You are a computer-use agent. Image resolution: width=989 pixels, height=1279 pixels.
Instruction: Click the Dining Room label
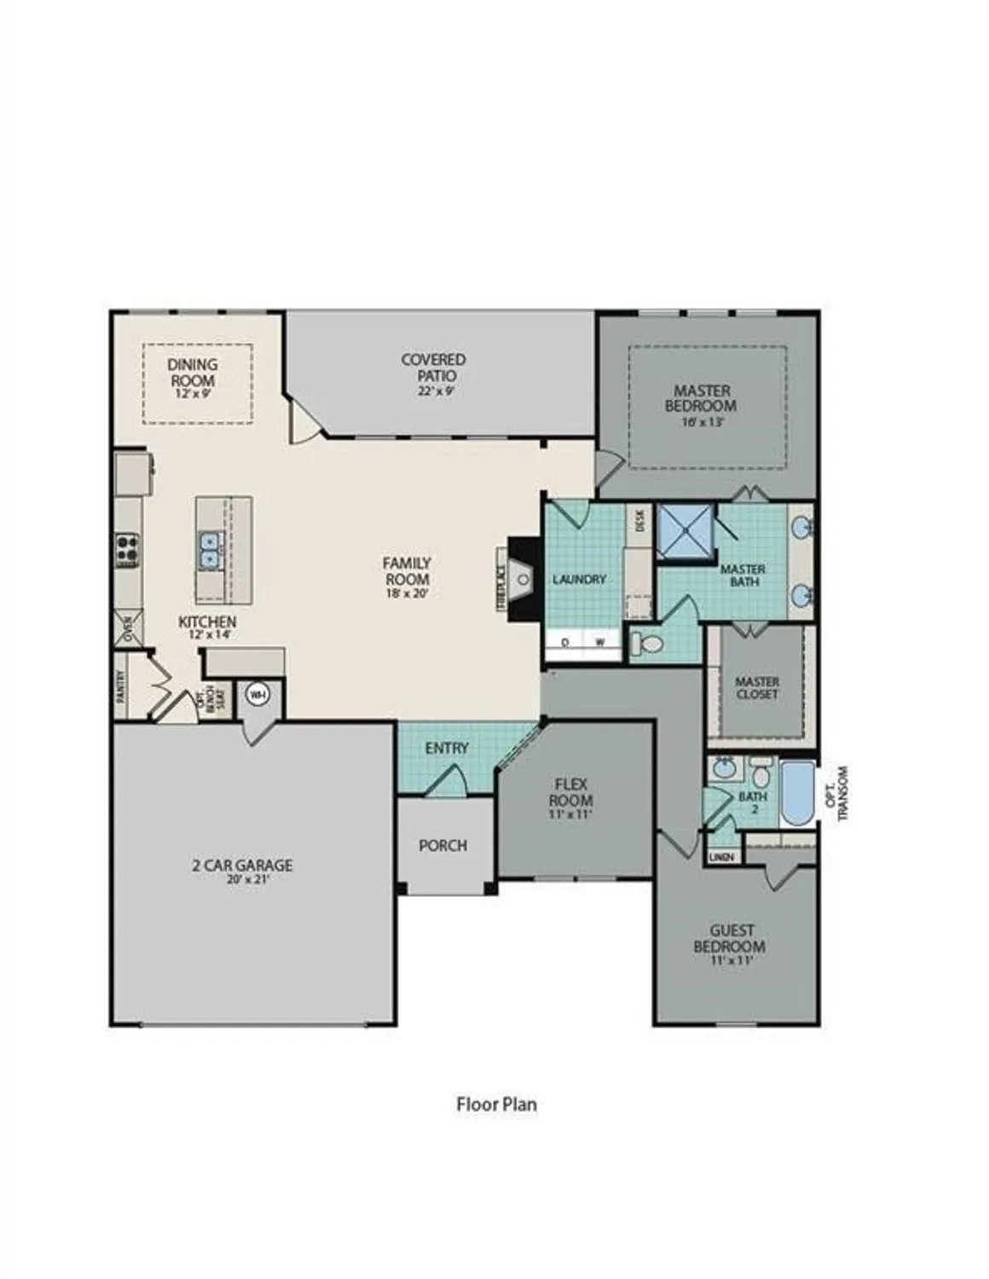click(193, 373)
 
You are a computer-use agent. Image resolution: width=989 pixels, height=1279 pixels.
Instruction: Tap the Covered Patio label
click(433, 367)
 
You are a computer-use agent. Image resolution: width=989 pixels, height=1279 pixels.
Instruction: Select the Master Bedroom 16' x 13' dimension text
click(701, 422)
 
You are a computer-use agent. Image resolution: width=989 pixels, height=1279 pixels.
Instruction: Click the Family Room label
click(407, 570)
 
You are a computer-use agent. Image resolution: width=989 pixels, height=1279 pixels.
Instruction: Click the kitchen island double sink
click(210, 550)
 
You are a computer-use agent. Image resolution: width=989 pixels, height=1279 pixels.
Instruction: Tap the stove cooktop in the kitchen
click(127, 550)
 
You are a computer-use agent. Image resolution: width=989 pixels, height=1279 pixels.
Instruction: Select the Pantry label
click(120, 686)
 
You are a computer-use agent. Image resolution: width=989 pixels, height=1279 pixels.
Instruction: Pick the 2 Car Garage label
click(242, 865)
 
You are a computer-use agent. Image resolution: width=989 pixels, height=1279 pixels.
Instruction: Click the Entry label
click(447, 748)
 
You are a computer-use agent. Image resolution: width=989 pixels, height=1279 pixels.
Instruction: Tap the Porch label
click(442, 845)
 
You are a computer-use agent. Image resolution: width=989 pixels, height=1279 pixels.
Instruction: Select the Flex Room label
click(570, 792)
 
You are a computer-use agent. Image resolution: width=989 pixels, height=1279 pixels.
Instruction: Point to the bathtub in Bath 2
click(797, 793)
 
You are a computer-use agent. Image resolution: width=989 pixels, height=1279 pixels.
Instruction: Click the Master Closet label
click(757, 687)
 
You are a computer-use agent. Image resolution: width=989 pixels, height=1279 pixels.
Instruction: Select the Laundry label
click(579, 579)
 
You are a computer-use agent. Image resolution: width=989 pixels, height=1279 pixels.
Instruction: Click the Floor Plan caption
click(496, 1104)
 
